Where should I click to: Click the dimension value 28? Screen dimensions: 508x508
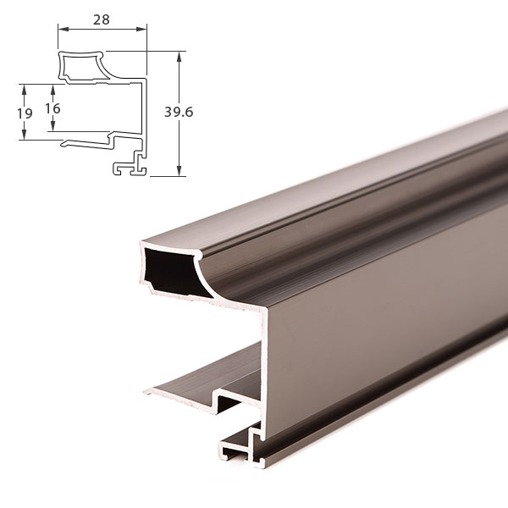102,20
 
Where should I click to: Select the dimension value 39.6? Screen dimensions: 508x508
179,112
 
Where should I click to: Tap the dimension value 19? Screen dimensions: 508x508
25,113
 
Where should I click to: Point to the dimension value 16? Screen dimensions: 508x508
52,108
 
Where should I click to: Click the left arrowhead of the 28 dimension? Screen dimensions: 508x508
63,29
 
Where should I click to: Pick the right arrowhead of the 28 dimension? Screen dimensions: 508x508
141,29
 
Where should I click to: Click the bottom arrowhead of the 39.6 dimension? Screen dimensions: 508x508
179,171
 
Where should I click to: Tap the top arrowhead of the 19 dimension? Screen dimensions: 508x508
24,90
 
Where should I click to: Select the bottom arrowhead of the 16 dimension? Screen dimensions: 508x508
53,126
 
